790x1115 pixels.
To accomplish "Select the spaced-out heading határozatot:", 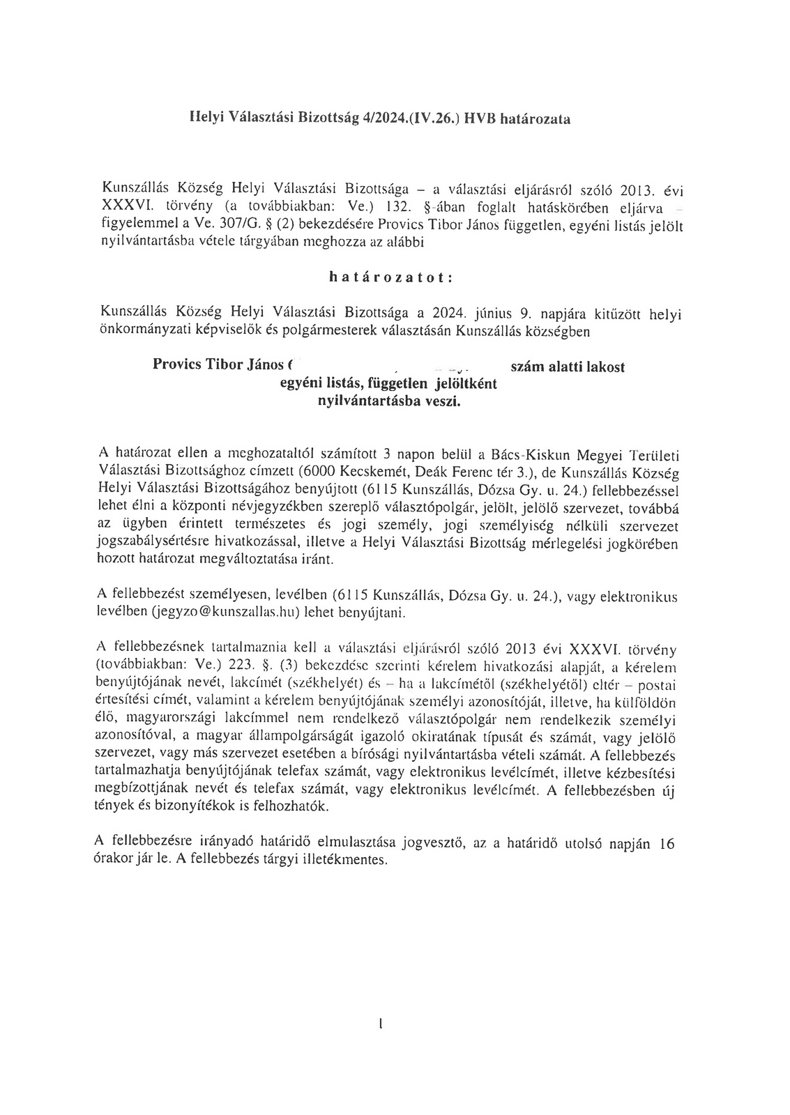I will click(x=391, y=277).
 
